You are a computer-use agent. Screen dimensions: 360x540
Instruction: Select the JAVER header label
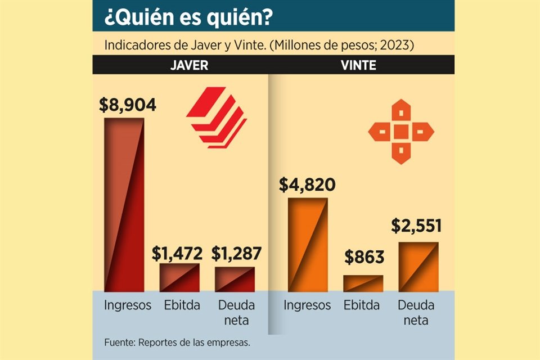(189, 65)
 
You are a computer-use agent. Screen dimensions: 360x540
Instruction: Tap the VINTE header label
(359, 65)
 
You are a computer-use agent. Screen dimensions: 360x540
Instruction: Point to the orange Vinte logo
(400, 132)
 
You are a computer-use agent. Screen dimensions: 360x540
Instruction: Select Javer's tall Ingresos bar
(124, 205)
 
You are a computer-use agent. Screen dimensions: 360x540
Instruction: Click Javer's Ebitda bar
(179, 277)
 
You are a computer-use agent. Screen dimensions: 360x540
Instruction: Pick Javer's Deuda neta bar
(235, 279)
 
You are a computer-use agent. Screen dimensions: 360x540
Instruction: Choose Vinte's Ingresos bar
(307, 245)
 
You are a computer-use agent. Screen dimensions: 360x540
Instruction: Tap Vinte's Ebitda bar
(363, 283)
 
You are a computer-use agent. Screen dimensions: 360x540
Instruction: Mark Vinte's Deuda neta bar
(418, 267)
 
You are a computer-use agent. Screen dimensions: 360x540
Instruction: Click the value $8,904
(127, 105)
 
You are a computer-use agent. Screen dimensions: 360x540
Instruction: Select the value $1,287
(237, 253)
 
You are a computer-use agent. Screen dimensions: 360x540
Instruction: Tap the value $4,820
(308, 184)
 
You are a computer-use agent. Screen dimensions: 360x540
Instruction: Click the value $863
(364, 258)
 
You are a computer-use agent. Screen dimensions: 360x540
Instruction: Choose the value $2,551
(416, 226)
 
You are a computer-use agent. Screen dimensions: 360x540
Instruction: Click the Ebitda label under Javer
(181, 305)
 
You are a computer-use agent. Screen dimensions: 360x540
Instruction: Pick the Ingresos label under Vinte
(307, 305)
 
